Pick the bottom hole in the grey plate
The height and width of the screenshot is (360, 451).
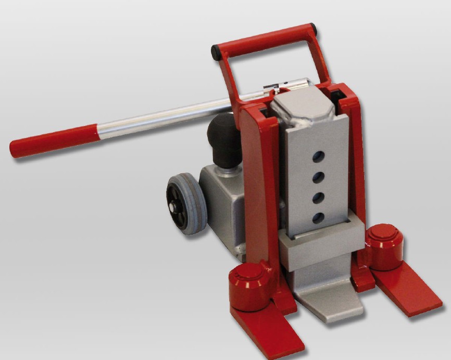pos(317,217)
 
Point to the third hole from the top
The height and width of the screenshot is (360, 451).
pos(318,198)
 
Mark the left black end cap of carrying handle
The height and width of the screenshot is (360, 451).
pos(215,52)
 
